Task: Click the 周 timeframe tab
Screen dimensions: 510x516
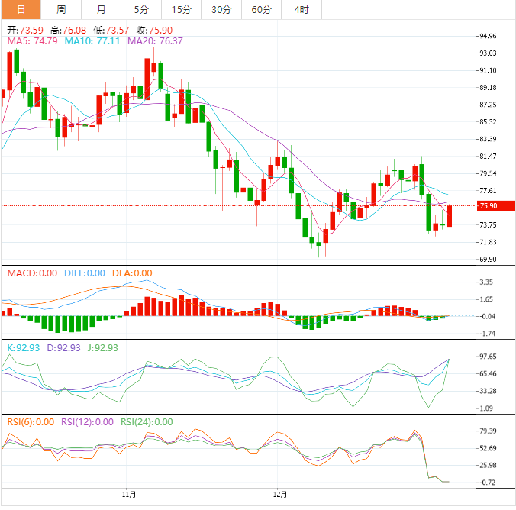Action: (61, 9)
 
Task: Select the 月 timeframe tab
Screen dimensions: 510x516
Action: (102, 9)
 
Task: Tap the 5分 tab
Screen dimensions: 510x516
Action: (141, 9)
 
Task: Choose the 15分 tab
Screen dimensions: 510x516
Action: (182, 9)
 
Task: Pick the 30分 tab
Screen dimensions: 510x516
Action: (221, 9)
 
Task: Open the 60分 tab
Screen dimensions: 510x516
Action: (261, 9)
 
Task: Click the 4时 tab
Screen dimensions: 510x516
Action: (302, 9)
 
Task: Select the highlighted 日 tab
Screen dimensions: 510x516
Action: (21, 9)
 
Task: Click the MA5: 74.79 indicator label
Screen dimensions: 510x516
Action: (32, 40)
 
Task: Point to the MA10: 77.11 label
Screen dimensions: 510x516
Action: (92, 40)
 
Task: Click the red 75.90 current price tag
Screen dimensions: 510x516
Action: (488, 206)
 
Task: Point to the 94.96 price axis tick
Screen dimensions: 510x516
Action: (488, 36)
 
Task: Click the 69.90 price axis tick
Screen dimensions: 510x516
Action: (488, 260)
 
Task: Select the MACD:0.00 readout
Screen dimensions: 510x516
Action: (32, 273)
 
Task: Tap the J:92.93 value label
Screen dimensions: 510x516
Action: (102, 347)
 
